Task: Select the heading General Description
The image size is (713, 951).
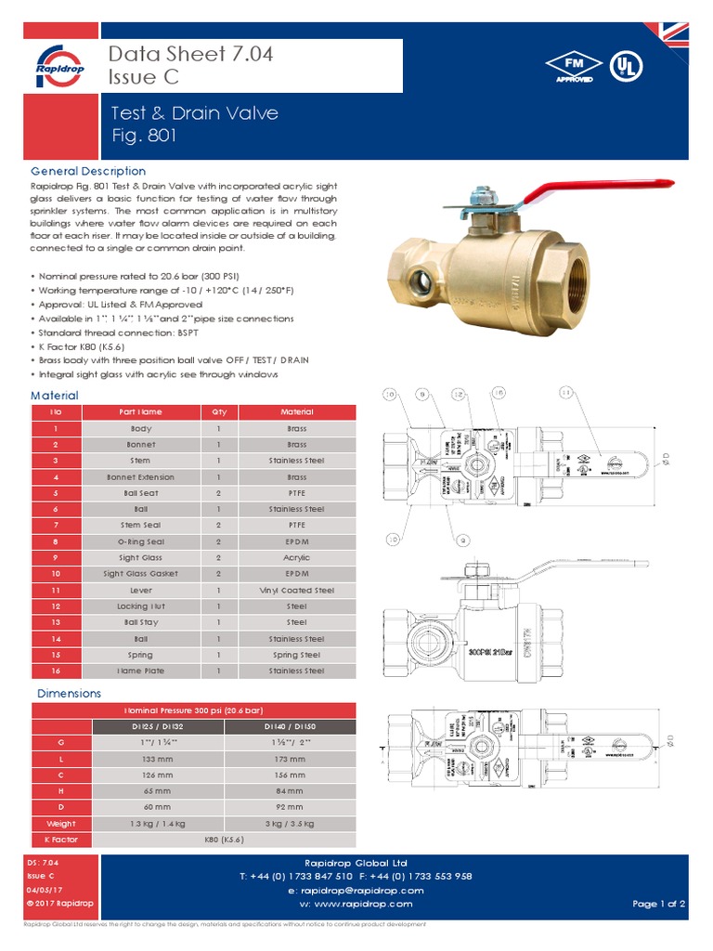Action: point(88,171)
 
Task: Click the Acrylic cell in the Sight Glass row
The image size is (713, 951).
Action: point(297,558)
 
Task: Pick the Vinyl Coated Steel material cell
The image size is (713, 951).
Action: point(297,591)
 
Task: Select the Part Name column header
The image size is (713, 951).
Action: point(141,412)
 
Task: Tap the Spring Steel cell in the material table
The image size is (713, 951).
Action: point(297,655)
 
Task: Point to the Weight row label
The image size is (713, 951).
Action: point(61,824)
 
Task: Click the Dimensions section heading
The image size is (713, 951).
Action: point(69,694)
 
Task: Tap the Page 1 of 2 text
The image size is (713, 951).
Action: point(658,904)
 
